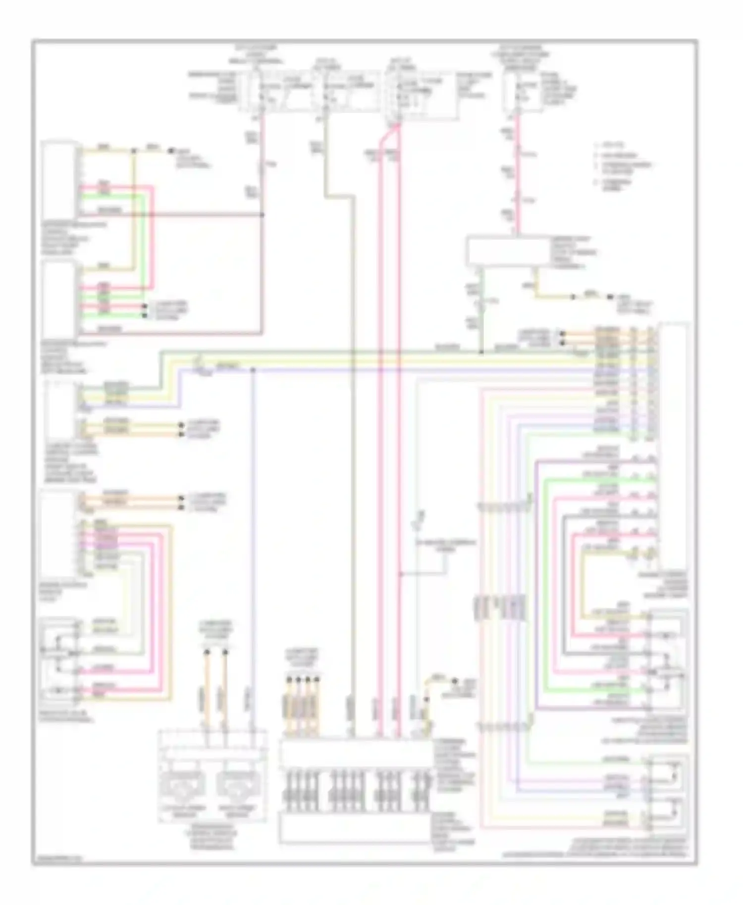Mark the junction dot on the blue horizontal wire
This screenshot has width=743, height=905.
pyautogui.click(x=253, y=369)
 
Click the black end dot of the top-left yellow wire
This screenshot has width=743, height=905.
pyautogui.click(x=172, y=150)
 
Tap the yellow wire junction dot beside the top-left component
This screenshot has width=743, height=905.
pyautogui.click(x=133, y=150)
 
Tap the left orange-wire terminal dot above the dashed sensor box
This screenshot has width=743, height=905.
pyautogui.click(x=207, y=653)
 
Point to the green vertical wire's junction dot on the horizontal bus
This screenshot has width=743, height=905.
pyautogui.click(x=481, y=352)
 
